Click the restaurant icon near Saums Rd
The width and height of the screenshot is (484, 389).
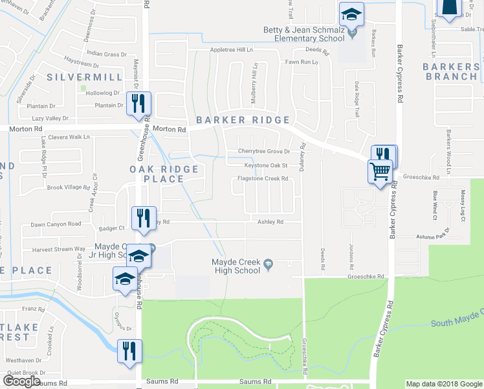point(128,352)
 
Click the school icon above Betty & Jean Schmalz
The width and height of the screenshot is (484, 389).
point(352,14)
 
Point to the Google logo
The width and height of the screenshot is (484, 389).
point(22,381)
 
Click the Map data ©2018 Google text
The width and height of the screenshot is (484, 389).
point(443,384)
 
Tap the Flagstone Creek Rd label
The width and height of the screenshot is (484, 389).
point(263,178)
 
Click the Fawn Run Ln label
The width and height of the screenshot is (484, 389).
point(303,62)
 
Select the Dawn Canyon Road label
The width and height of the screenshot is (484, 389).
point(56,224)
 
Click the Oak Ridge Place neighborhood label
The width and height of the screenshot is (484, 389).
point(162,174)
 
